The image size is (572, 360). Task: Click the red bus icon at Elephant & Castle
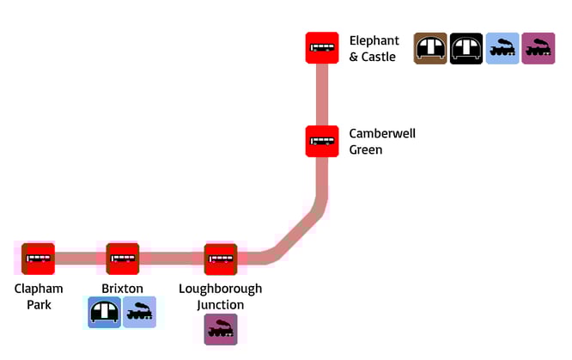(322, 47)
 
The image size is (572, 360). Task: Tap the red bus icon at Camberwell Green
(322, 141)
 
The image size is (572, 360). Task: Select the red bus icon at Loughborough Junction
(221, 259)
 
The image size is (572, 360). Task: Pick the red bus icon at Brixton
(123, 259)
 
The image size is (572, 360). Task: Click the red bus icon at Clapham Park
(39, 259)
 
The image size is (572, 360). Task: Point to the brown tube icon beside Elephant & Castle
(430, 48)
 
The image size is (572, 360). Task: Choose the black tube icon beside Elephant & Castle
(466, 48)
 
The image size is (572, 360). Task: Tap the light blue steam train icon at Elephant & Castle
(502, 48)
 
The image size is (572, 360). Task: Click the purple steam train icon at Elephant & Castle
(539, 48)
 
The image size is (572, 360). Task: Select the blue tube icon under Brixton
(105, 312)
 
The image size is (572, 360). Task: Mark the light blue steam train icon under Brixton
(140, 312)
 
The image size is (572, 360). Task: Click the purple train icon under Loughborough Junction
(221, 329)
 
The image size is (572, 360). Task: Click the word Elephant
(374, 40)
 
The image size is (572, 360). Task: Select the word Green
(365, 149)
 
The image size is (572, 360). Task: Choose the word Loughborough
(220, 289)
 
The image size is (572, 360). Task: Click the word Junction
(220, 305)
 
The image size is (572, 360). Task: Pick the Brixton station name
(122, 289)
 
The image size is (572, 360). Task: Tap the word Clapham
(39, 289)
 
